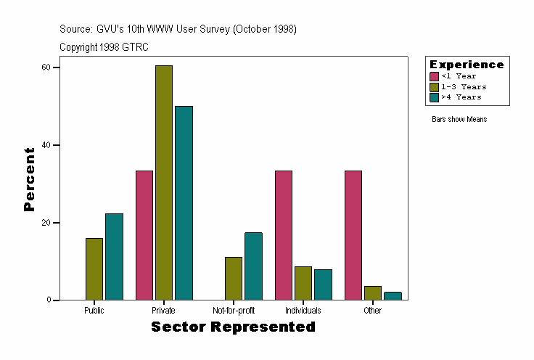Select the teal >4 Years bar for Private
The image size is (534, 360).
pyautogui.click(x=184, y=203)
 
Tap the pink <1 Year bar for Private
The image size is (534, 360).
pyautogui.click(x=144, y=235)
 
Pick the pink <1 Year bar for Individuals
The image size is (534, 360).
pyautogui.click(x=284, y=235)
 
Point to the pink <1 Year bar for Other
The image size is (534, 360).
pyautogui.click(x=353, y=235)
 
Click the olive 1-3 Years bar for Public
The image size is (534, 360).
pyautogui.click(x=94, y=269)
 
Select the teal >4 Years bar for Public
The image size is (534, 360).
pyautogui.click(x=114, y=257)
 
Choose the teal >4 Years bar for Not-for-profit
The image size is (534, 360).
pyautogui.click(x=253, y=266)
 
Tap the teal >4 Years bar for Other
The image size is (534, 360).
pyautogui.click(x=393, y=296)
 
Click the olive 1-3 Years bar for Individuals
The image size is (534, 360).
pyautogui.click(x=303, y=283)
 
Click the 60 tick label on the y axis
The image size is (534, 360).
pyautogui.click(x=46, y=67)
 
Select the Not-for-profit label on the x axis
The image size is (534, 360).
pyautogui.click(x=234, y=311)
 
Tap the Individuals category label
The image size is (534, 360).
pyautogui.click(x=303, y=311)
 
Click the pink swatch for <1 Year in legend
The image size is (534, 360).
pyautogui.click(x=434, y=76)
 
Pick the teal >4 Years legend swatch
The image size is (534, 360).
pyautogui.click(x=434, y=97)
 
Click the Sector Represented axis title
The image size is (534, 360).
pyautogui.click(x=233, y=327)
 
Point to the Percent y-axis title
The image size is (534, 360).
pyautogui.click(x=29, y=179)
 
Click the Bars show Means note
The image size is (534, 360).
pyautogui.click(x=459, y=119)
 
